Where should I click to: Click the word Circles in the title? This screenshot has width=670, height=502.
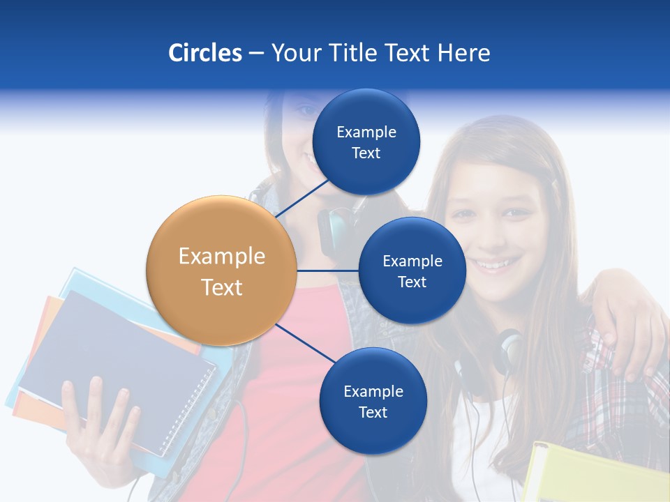205,53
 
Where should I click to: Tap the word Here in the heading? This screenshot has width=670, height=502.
464,53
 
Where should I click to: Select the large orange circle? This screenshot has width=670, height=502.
221,271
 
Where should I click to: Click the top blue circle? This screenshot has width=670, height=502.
366,142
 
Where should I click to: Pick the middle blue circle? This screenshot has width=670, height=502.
412,271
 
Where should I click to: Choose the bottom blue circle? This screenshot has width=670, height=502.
373,401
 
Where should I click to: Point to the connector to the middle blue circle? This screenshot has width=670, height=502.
327,271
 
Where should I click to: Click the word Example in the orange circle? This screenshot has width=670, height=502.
221,257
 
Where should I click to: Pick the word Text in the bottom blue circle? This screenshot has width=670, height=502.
373,412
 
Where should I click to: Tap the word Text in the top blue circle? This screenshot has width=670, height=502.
366,153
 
